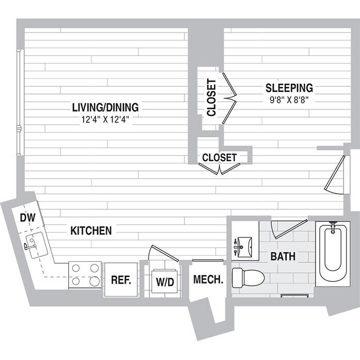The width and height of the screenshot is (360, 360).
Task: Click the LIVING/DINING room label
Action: (x=105, y=107)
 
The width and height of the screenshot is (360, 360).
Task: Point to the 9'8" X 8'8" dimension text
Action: (x=289, y=100)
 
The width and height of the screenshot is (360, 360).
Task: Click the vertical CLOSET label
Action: (x=211, y=98)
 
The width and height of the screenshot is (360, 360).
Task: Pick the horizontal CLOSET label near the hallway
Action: (x=220, y=157)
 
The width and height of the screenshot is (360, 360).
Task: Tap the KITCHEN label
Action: (x=91, y=230)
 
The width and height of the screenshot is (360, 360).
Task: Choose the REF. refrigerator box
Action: (x=122, y=280)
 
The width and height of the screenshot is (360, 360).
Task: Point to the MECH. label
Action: (x=208, y=280)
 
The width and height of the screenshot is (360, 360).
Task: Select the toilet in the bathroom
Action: (x=247, y=277)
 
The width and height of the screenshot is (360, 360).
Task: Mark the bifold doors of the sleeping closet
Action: (x=229, y=98)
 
